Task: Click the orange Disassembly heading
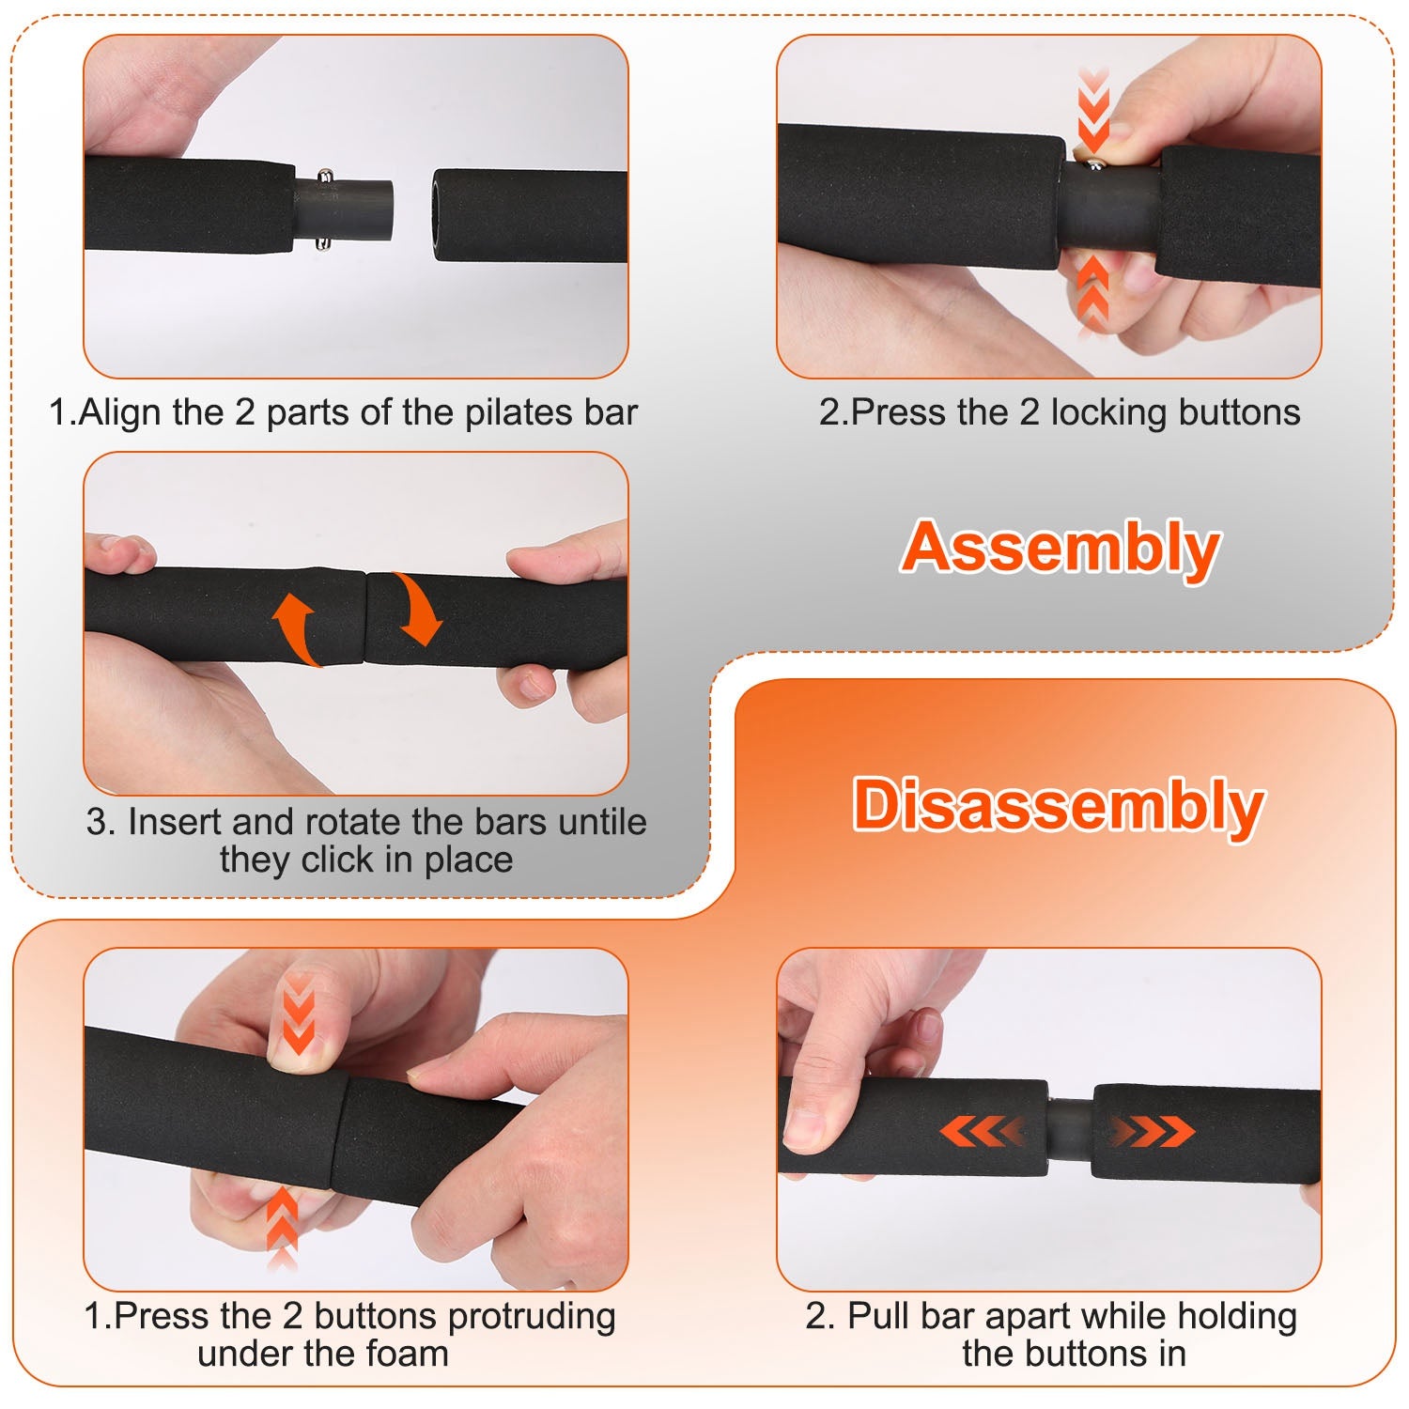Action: point(1058,805)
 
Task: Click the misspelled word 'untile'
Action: point(602,822)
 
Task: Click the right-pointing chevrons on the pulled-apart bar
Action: point(1152,1132)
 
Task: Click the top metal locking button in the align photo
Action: point(325,177)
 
